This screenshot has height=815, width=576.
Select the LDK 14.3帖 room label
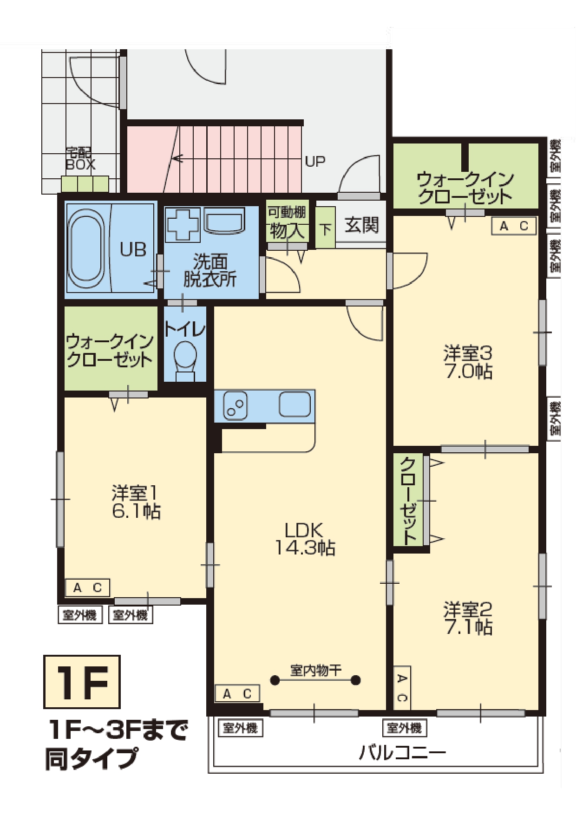point(304,539)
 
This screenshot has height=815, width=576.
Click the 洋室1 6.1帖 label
point(136,502)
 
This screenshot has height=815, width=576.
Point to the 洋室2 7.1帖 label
point(468,618)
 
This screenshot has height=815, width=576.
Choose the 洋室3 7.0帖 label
point(468,362)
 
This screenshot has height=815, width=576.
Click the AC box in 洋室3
point(514,226)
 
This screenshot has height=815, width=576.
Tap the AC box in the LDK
point(237,694)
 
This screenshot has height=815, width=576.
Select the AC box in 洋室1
point(87,587)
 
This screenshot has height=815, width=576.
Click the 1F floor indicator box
point(82,682)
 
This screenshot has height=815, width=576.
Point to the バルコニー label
point(402,752)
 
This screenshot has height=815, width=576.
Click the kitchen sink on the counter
point(295,404)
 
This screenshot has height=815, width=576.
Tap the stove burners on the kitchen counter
point(235,405)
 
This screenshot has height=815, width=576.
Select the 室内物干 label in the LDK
point(315,670)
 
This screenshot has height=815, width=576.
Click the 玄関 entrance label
point(361,225)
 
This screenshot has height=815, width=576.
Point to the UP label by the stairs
point(315,161)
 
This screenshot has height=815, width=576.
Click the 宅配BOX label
point(80,159)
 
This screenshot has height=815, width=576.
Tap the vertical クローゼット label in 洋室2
point(408,501)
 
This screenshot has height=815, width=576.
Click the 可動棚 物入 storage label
point(287,222)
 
